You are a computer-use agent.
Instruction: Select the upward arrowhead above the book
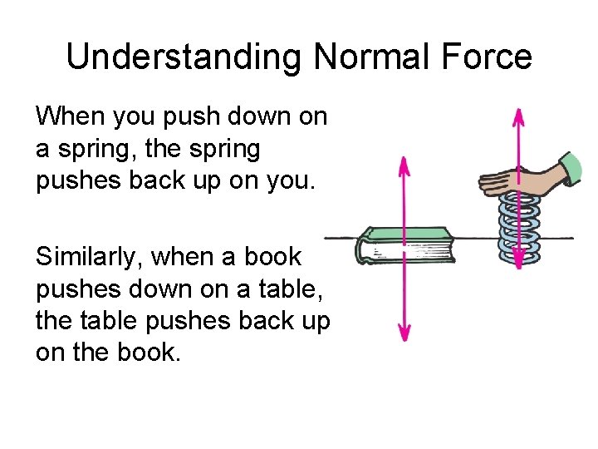404,166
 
